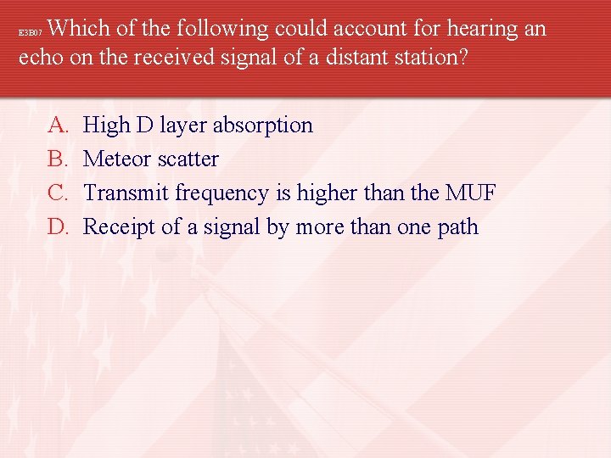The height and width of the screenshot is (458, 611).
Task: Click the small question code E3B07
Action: click(x=30, y=33)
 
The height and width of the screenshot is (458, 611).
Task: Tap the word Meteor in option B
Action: click(x=115, y=159)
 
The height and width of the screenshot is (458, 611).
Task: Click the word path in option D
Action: click(x=457, y=228)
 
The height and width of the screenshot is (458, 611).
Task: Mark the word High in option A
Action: click(x=106, y=126)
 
